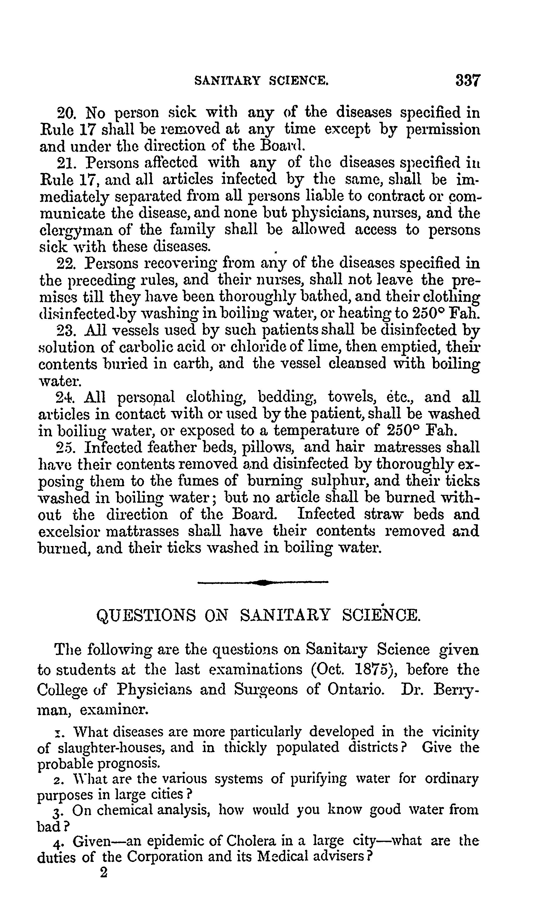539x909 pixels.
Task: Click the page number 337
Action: (468, 80)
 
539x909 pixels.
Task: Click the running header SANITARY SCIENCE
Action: (261, 81)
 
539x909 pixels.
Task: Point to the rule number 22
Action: (66, 264)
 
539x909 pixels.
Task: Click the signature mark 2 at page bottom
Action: (104, 873)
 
